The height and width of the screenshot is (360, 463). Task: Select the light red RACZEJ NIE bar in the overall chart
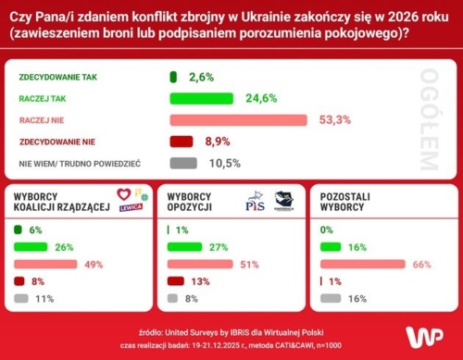(238, 119)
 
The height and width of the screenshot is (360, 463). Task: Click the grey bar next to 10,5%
(183, 163)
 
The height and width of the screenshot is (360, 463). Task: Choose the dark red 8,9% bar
(181, 142)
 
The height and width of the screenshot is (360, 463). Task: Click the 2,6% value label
(202, 76)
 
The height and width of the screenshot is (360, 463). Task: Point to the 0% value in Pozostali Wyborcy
(327, 230)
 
